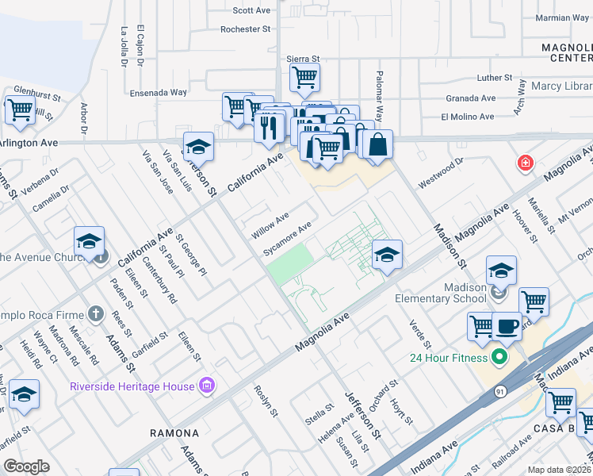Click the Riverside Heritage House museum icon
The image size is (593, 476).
pyautogui.click(x=208, y=386)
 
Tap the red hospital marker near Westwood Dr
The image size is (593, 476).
pyautogui.click(x=525, y=164)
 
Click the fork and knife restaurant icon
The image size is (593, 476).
pyautogui.click(x=270, y=125)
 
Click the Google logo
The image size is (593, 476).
pyautogui.click(x=27, y=466)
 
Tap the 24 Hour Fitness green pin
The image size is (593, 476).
pyautogui.click(x=499, y=357)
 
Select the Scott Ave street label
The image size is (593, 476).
pyautogui.click(x=252, y=10)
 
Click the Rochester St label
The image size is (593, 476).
pyautogui.click(x=246, y=29)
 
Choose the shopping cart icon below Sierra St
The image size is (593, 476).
pyautogui.click(x=304, y=77)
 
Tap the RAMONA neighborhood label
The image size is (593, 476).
pyautogui.click(x=174, y=433)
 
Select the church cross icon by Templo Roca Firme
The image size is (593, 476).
pyautogui.click(x=95, y=313)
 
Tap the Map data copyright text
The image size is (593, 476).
pyautogui.click(x=559, y=470)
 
